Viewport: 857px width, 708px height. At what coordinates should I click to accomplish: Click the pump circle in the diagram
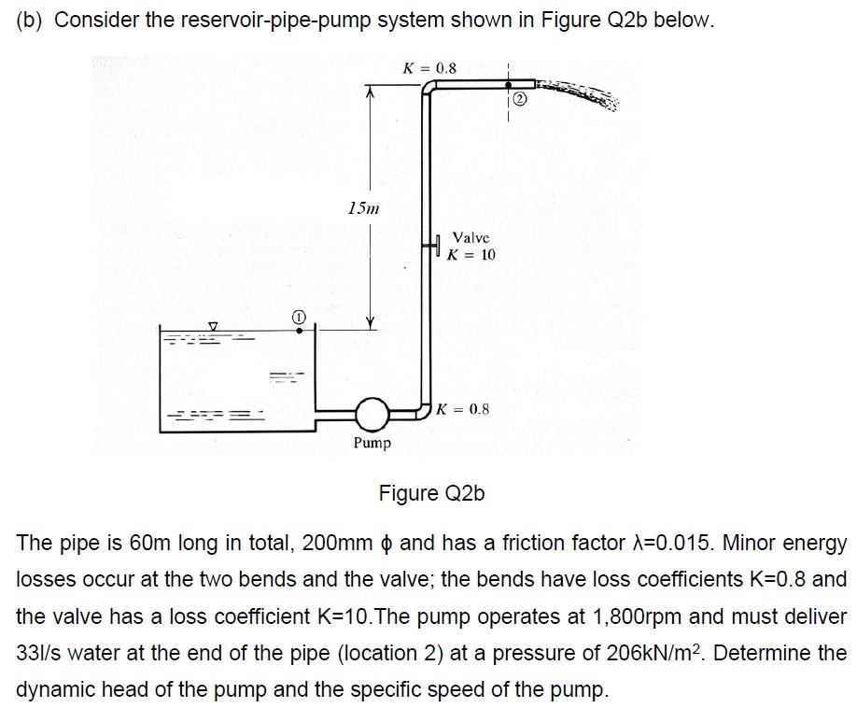(x=372, y=411)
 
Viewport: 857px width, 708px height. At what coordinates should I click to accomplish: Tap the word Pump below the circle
(x=372, y=442)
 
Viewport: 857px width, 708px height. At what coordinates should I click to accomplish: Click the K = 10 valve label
(x=471, y=254)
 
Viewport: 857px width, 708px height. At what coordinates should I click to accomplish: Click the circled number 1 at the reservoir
(x=298, y=319)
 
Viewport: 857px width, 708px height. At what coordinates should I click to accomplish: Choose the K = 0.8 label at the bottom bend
(x=463, y=409)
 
